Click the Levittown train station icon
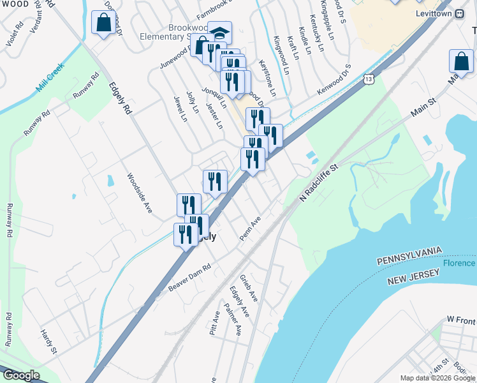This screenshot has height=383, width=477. pyautogui.click(x=459, y=13)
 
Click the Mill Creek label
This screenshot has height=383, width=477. pyautogui.click(x=50, y=82)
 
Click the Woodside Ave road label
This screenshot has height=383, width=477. pyautogui.click(x=139, y=193)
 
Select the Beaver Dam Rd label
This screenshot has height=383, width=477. pyautogui.click(x=189, y=279)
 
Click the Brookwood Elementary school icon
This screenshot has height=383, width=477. pyautogui.click(x=220, y=33)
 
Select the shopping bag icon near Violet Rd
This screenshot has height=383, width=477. pyautogui.click(x=103, y=23)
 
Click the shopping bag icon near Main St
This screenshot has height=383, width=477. pyautogui.click(x=461, y=62)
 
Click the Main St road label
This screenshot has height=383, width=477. pyautogui.click(x=423, y=107)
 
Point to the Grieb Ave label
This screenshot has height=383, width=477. pyautogui.click(x=249, y=289)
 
